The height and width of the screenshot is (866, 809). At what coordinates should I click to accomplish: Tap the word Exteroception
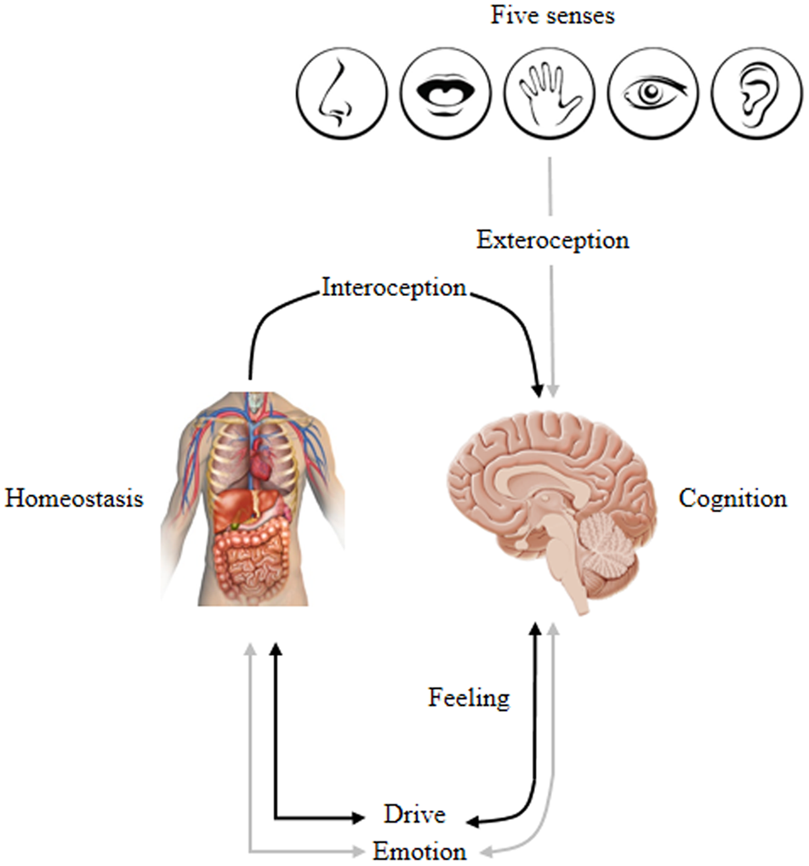(x=553, y=240)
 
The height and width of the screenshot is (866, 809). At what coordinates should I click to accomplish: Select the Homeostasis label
(x=74, y=499)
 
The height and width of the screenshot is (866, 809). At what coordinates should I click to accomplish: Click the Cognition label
(x=732, y=499)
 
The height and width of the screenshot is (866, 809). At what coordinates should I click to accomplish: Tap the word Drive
(x=413, y=815)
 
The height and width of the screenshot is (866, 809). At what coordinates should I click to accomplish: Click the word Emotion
(x=420, y=851)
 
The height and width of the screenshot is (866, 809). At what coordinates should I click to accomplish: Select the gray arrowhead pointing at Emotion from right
(x=482, y=852)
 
